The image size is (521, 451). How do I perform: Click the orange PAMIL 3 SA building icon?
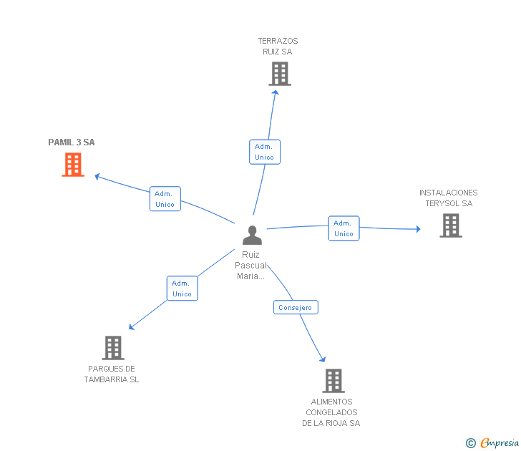[x=73, y=165]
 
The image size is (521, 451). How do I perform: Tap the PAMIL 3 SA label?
[x=72, y=142]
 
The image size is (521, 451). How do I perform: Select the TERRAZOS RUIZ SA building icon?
[x=280, y=74]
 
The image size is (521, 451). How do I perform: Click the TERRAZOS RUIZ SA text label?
[x=278, y=47]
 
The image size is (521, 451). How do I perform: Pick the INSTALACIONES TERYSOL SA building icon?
[x=451, y=225]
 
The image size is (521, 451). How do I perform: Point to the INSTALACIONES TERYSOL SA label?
[x=449, y=198]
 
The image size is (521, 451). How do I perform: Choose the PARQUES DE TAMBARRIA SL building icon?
[x=113, y=348]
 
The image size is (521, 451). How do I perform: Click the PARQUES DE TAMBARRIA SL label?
[x=112, y=374]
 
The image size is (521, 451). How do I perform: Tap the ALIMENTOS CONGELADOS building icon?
[x=333, y=381]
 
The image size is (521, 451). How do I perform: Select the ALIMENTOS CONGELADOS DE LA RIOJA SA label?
[x=331, y=412]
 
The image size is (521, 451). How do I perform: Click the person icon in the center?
[x=252, y=236]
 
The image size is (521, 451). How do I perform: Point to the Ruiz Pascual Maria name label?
[x=251, y=265]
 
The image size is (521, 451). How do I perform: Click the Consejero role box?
[x=296, y=307]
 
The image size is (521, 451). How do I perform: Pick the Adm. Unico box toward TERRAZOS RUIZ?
[x=265, y=152]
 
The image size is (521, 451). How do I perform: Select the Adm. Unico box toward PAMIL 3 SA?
[x=165, y=199]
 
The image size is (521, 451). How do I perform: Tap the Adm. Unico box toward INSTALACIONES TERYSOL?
[x=344, y=228]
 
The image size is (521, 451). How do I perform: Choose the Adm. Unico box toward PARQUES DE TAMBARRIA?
[x=182, y=288]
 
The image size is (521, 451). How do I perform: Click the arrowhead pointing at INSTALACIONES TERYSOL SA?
[x=419, y=229]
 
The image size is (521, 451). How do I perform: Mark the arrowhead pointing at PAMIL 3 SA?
[x=97, y=177]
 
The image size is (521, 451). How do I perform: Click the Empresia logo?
[x=492, y=442]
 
